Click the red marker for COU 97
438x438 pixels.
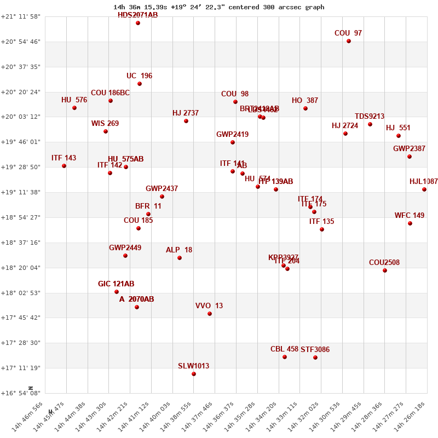[x=349, y=41]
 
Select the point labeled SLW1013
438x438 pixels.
[x=194, y=374]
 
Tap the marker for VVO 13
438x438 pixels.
[x=210, y=314]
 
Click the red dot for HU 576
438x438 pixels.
[x=74, y=108]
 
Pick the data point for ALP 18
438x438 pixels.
[x=180, y=258]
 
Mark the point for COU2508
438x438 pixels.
[x=385, y=270]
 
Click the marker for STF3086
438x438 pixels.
[x=315, y=358]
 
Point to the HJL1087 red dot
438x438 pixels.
[x=424, y=189]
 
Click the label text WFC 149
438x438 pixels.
[x=410, y=215]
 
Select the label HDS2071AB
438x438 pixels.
[x=137, y=15]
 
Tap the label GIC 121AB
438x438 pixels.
[x=116, y=284]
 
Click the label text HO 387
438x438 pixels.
[x=305, y=100]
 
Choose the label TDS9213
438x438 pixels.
[x=370, y=116]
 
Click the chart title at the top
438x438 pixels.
[x=219, y=7]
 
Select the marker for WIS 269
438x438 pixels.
[x=106, y=131]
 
